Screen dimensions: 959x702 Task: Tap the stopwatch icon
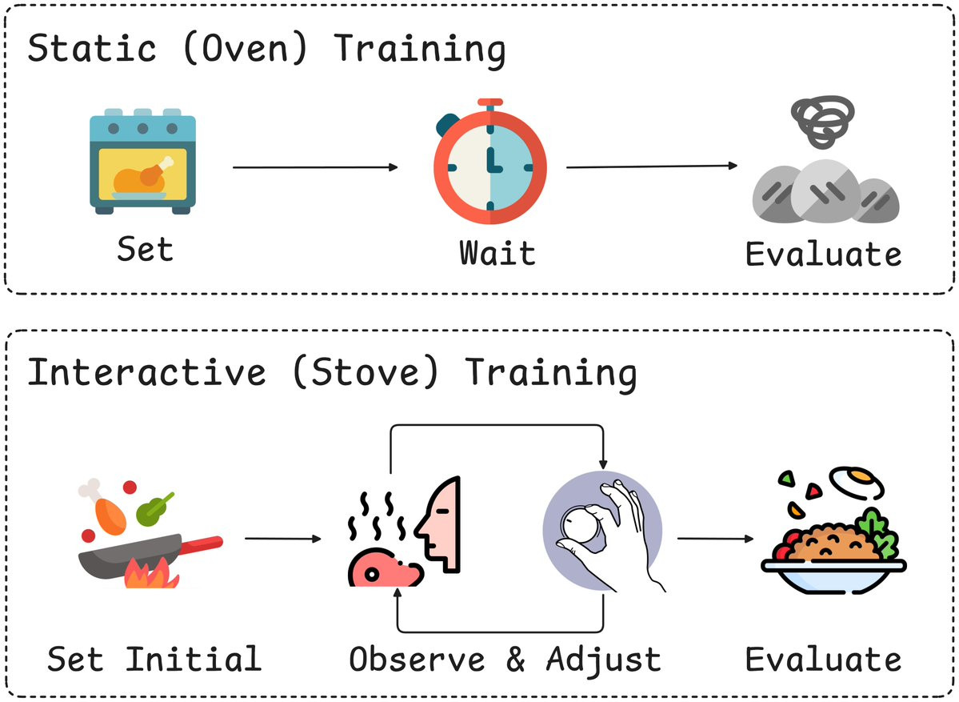pyautogui.click(x=489, y=162)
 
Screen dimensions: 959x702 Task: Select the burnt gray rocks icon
pyautogui.click(x=825, y=160)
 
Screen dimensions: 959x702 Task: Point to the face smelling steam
pyautogui.click(x=404, y=532)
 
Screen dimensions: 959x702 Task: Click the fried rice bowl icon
pyautogui.click(x=833, y=531)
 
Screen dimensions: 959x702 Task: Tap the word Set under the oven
pyautogui.click(x=145, y=250)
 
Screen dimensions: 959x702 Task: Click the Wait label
pyautogui.click(x=497, y=253)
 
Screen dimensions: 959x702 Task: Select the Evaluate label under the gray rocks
pyautogui.click(x=823, y=254)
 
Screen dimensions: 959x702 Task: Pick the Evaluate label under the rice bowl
pyautogui.click(x=823, y=659)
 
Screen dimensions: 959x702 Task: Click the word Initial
pyautogui.click(x=194, y=659)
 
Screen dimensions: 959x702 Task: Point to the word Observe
pyautogui.click(x=418, y=660)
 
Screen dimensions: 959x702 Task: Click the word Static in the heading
pyautogui.click(x=92, y=48)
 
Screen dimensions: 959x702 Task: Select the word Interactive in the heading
pyautogui.click(x=147, y=372)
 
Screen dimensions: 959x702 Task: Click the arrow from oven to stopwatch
pyautogui.click(x=316, y=167)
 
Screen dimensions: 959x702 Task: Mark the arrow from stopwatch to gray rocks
pyautogui.click(x=652, y=166)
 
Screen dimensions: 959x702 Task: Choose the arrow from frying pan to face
pyautogui.click(x=283, y=539)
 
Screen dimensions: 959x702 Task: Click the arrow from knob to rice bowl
pyautogui.click(x=716, y=539)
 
